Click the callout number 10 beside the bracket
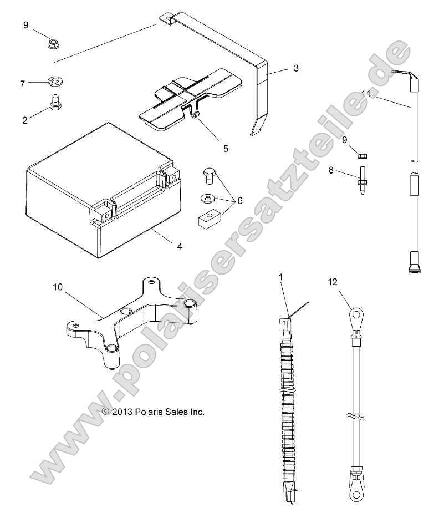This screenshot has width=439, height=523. coord(58,287)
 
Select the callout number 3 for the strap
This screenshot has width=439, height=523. coord(295,68)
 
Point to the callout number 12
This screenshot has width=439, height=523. coord(332,282)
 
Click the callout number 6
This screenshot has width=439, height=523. coord(239,201)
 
